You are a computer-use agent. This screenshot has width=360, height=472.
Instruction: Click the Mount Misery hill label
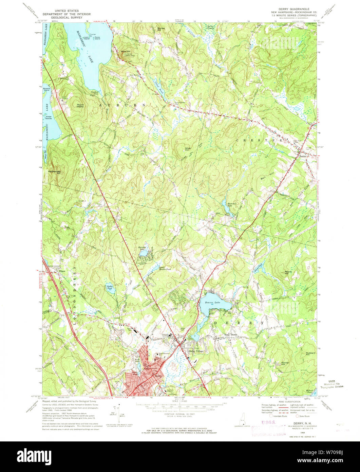80,106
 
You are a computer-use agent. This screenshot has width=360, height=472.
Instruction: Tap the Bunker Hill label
157,29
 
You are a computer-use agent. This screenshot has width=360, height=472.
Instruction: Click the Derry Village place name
196,351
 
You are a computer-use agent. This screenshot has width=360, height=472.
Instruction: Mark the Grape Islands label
49,117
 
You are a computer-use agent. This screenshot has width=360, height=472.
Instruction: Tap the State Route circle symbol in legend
298,416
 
